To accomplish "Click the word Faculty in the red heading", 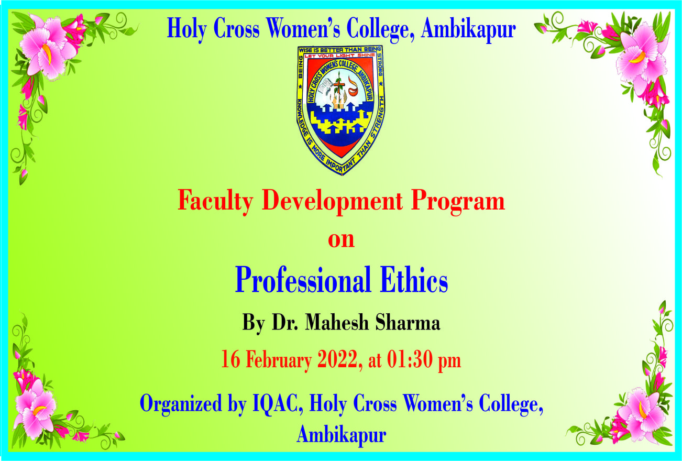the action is tap(215, 202).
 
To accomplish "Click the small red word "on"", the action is tap(342, 240).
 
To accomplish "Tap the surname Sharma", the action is tap(408, 322).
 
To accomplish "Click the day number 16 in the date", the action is tap(230, 359).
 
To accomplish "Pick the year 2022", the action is tap(337, 359).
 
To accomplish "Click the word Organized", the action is tap(181, 404).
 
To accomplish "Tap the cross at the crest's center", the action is tap(338, 85).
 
